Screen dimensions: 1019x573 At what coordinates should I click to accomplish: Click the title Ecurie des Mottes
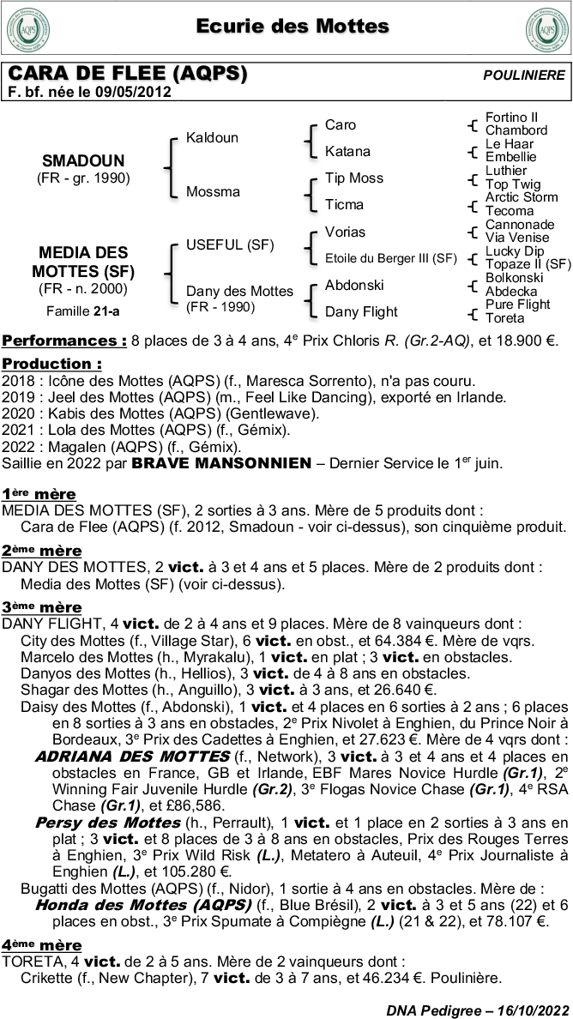pyautogui.click(x=293, y=27)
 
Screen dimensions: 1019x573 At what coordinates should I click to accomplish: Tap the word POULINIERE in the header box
pyautogui.click(x=524, y=75)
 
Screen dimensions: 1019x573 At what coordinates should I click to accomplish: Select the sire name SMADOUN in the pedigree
pyautogui.click(x=83, y=160)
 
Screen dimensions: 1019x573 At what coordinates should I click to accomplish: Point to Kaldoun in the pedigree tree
pyautogui.click(x=213, y=138)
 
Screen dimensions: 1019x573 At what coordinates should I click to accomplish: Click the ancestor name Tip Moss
pyautogui.click(x=354, y=178)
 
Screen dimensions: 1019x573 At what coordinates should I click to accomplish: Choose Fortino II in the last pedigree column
pyautogui.click(x=512, y=118)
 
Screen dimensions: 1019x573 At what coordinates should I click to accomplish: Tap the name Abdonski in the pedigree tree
pyautogui.click(x=354, y=285)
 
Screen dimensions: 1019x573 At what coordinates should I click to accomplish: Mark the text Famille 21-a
pyautogui.click(x=83, y=310)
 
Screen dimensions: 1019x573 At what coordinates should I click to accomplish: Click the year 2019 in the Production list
pyautogui.click(x=17, y=397)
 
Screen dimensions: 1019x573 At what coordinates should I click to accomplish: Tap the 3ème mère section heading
pyautogui.click(x=42, y=607)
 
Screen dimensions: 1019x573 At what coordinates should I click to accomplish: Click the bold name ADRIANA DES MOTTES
pyautogui.click(x=132, y=756)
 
